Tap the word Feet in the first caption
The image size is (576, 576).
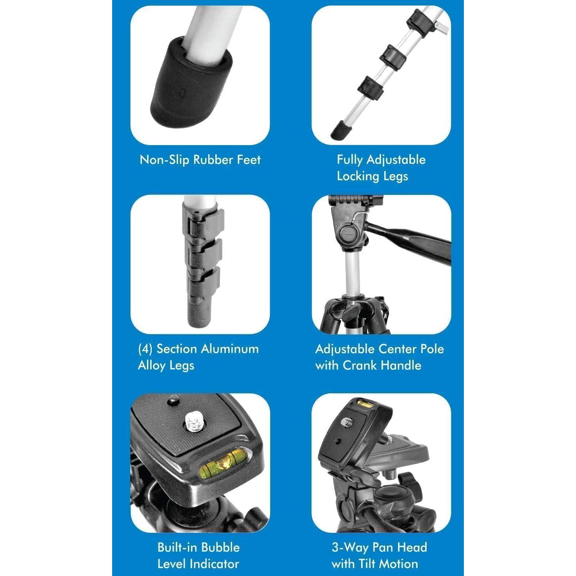[249, 160]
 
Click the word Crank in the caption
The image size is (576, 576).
[360, 365]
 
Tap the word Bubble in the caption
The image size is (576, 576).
[221, 547]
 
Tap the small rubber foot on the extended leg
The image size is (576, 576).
[340, 130]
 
